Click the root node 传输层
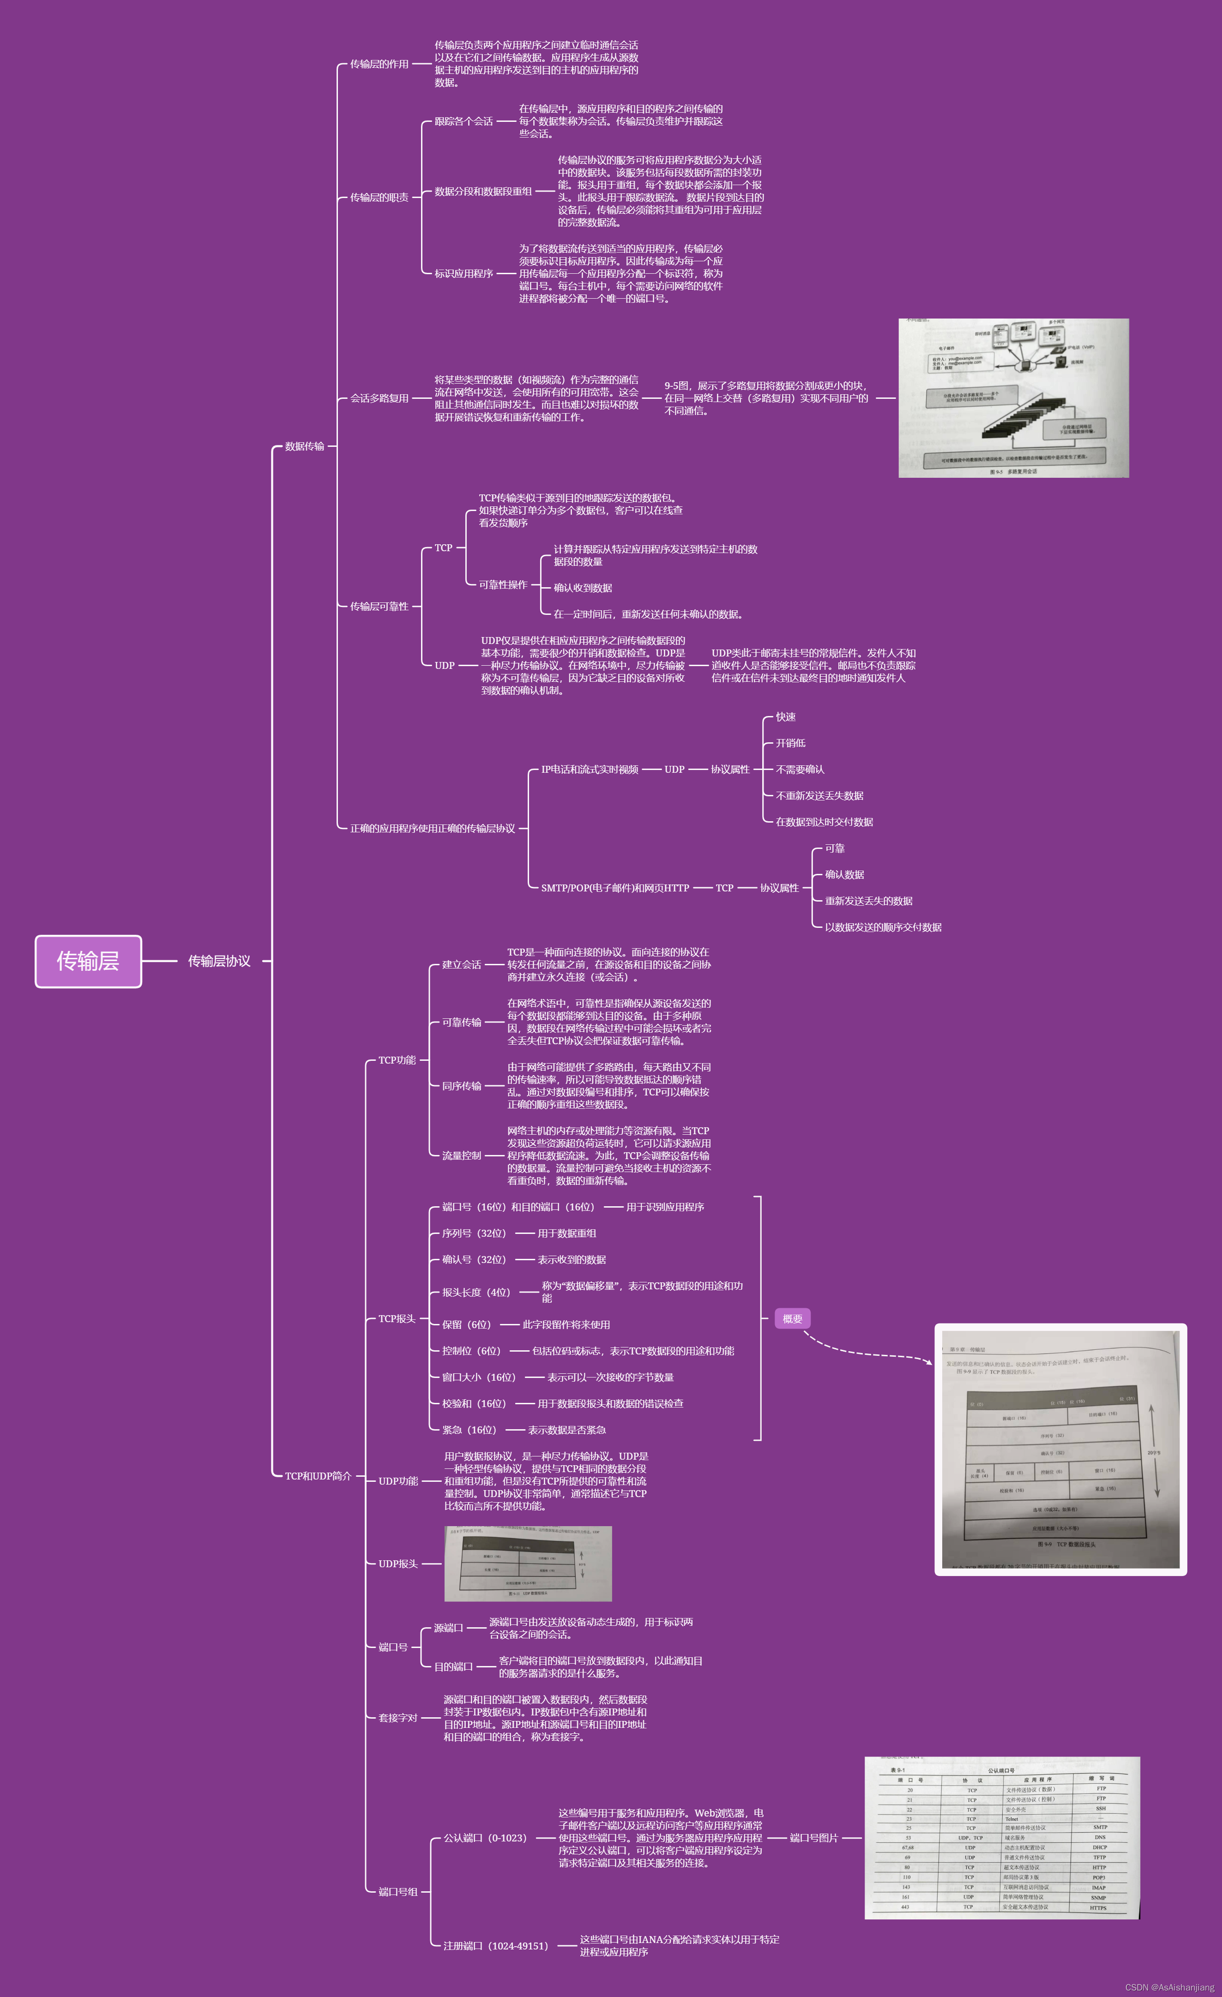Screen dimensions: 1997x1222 pyautogui.click(x=88, y=961)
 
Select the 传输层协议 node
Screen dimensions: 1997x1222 pyautogui.click(x=219, y=961)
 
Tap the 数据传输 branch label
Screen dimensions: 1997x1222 pyautogui.click(x=305, y=446)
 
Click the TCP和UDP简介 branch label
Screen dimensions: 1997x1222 pyautogui.click(x=318, y=1476)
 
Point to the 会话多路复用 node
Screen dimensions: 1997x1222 pyautogui.click(x=379, y=398)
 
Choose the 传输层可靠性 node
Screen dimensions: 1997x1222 pyautogui.click(x=379, y=606)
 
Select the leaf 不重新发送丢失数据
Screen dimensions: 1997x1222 pyautogui.click(x=819, y=796)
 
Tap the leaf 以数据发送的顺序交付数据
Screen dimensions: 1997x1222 pyautogui.click(x=883, y=927)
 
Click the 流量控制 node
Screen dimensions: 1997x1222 pyautogui.click(x=461, y=1156)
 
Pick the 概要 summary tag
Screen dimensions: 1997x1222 pyautogui.click(x=793, y=1318)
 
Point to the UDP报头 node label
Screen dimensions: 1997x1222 pyautogui.click(x=398, y=1564)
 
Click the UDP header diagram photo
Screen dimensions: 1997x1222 pyautogui.click(x=528, y=1564)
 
